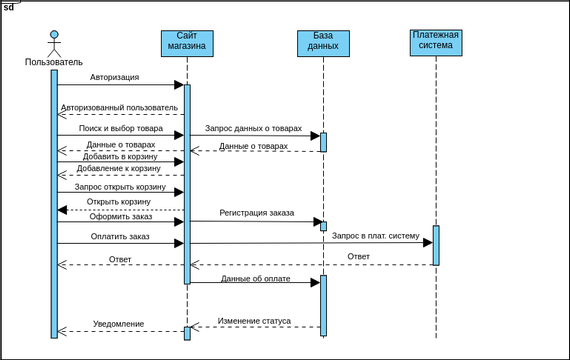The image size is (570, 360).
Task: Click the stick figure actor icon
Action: click(54, 43)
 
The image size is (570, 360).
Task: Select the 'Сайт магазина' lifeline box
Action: click(187, 44)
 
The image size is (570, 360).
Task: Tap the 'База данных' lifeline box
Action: click(323, 44)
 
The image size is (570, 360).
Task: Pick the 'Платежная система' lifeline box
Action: click(436, 43)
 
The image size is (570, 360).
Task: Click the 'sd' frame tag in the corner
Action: click(8, 6)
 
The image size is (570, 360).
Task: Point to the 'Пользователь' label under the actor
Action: click(54, 62)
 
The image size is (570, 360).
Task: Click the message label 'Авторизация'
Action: click(114, 77)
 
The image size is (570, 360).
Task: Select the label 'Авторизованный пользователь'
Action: click(119, 107)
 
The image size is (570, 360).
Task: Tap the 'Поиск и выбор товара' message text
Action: click(121, 128)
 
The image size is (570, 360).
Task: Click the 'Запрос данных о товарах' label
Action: click(253, 128)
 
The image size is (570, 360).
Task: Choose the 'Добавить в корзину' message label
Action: click(120, 156)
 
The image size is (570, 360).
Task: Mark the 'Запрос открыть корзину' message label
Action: click(118, 186)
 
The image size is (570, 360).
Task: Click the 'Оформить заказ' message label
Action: click(120, 216)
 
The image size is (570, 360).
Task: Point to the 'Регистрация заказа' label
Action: click(257, 213)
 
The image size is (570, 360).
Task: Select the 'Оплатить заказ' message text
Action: click(120, 236)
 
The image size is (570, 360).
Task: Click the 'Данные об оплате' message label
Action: click(255, 279)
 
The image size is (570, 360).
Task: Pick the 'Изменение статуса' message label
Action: click(254, 321)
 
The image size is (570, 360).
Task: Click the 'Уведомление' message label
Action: click(119, 324)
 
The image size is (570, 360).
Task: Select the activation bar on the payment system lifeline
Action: click(436, 245)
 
